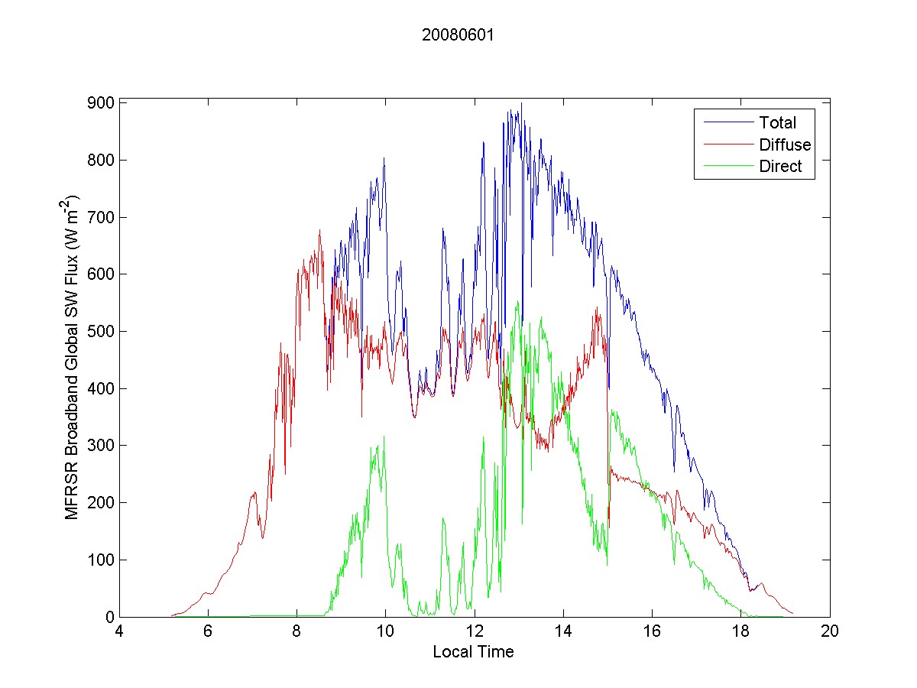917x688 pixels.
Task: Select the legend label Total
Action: click(x=777, y=122)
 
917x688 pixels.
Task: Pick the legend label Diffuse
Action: click(x=785, y=144)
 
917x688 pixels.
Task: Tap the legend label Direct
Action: click(x=780, y=167)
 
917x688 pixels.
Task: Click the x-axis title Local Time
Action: click(x=473, y=652)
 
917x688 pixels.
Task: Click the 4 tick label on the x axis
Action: click(x=119, y=632)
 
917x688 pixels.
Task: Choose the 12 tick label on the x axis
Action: click(x=475, y=632)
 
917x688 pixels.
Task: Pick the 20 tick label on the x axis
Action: click(x=830, y=632)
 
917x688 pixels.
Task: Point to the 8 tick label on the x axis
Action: click(x=296, y=632)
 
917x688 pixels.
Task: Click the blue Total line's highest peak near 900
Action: click(x=521, y=103)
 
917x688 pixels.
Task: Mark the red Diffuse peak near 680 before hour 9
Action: click(x=319, y=230)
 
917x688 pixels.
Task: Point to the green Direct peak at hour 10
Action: click(x=384, y=436)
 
